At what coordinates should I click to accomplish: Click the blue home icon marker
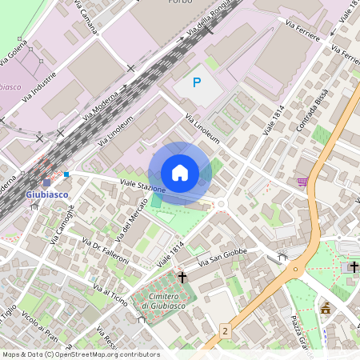(x=180, y=173)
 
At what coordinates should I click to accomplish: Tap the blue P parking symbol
(x=197, y=82)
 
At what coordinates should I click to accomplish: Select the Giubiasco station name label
(x=47, y=194)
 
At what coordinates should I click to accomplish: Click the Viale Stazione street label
(x=142, y=186)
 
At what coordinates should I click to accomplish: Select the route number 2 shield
(x=226, y=330)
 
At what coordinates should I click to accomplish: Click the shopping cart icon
(x=302, y=182)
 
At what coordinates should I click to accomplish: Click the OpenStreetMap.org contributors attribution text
(x=106, y=354)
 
